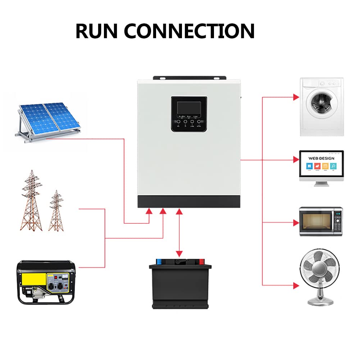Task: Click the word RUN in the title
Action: [96, 31]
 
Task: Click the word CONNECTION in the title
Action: [189, 31]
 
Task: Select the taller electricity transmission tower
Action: [31, 201]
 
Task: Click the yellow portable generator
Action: [47, 283]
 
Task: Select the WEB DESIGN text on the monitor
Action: [321, 158]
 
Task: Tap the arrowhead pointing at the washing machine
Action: [296, 97]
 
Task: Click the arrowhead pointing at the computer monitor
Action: [296, 159]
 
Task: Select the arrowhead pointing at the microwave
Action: [296, 223]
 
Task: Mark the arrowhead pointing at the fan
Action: [296, 286]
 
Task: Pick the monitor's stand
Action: [321, 183]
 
